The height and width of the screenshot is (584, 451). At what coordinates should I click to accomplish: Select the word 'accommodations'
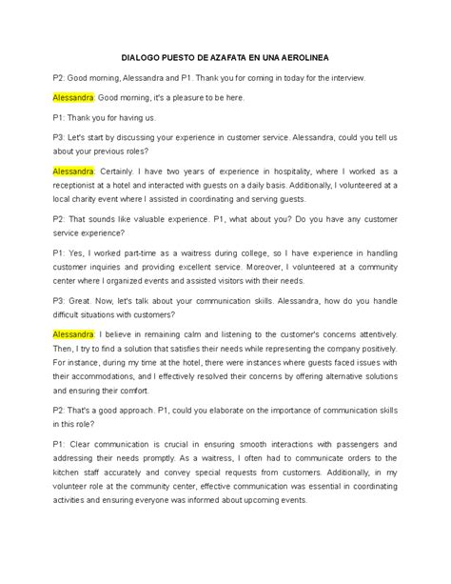106,383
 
